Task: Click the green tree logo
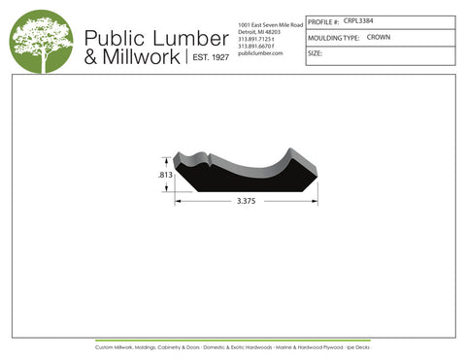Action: [x=41, y=41]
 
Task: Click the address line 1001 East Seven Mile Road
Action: [x=270, y=23]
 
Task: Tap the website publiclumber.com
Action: [x=259, y=53]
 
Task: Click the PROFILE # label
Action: [x=323, y=20]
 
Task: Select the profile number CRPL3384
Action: [x=358, y=19]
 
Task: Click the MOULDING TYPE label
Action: [x=333, y=38]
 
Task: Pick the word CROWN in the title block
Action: [x=379, y=37]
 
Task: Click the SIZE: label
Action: [x=315, y=54]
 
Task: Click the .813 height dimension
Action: [x=165, y=174]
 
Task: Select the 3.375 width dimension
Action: [x=248, y=201]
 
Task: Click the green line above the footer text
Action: [x=233, y=341]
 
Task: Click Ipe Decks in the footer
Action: [x=358, y=346]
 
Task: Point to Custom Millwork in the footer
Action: [x=116, y=346]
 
